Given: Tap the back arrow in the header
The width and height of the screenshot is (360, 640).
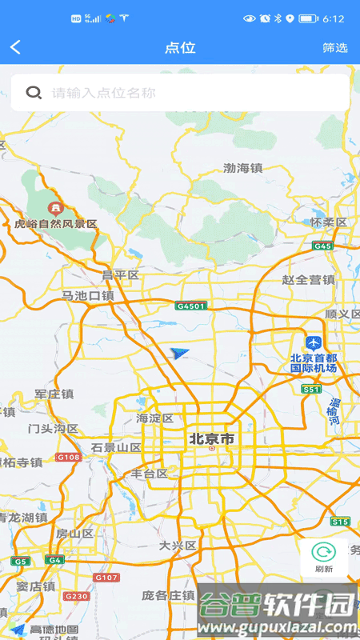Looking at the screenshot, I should click(15, 48).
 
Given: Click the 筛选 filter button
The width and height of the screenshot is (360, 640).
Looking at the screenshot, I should click(335, 48).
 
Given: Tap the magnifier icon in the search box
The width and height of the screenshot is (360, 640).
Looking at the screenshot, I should click(34, 93).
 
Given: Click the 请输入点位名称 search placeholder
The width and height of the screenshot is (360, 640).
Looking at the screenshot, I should click(104, 93).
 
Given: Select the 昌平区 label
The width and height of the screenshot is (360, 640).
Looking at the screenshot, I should click(120, 275).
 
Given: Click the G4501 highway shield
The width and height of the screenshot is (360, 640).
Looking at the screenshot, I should click(191, 306).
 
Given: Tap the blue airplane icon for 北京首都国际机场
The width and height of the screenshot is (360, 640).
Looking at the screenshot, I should click(313, 342).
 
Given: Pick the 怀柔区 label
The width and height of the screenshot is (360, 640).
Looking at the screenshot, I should click(329, 222).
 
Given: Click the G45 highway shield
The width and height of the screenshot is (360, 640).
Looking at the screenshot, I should click(323, 246).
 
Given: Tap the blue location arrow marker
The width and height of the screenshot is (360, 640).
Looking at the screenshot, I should click(180, 353).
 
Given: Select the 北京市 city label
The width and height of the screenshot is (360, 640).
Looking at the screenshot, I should click(211, 439).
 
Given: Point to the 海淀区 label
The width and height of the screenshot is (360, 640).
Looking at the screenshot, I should click(154, 418).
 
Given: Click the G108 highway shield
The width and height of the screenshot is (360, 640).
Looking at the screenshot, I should click(69, 457).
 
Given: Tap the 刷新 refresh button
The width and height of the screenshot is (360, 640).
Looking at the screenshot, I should click(324, 558).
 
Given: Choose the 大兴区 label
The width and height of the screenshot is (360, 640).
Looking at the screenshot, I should click(178, 546).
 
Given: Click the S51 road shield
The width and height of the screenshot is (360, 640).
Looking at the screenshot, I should click(311, 389).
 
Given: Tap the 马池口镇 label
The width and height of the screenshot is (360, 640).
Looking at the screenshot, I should click(88, 296).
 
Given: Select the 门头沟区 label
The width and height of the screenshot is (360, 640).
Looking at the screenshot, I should click(53, 429).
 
